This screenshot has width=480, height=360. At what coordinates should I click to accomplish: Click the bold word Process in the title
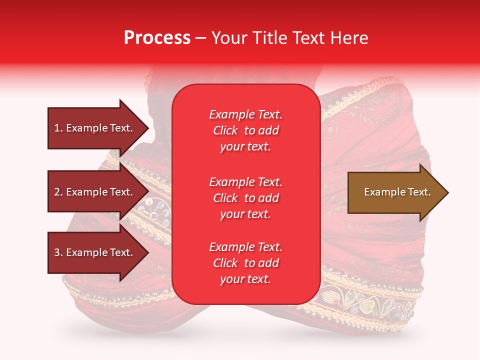tap(157, 38)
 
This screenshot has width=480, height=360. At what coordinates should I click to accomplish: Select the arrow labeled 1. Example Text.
tap(95, 128)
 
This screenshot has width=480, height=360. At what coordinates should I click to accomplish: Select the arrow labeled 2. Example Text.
tap(95, 192)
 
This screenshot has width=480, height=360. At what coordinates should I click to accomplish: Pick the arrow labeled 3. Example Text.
tap(95, 252)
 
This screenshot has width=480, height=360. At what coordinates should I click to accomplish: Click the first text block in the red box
tap(245, 130)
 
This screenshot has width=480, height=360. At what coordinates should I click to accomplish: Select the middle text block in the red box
tap(245, 198)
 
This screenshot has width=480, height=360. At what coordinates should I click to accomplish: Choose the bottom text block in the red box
tap(245, 263)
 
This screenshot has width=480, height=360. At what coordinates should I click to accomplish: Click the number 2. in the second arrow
tap(58, 192)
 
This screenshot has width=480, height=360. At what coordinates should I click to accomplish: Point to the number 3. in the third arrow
tap(58, 252)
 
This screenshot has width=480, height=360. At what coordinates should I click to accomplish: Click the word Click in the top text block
tap(225, 130)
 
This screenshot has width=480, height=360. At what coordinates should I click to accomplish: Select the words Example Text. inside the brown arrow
tap(397, 192)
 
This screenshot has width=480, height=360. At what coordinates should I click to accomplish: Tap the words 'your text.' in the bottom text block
tap(245, 279)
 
